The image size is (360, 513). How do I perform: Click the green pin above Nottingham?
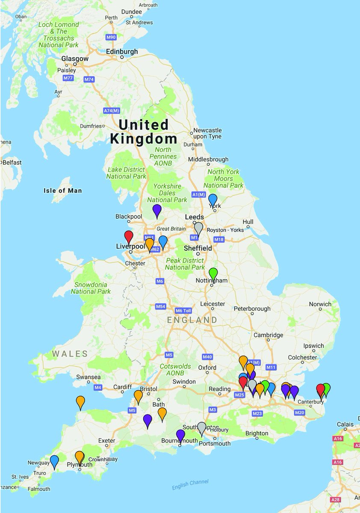click(213, 273)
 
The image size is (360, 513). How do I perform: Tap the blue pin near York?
click(212, 199)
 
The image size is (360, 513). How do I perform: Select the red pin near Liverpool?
click(129, 236)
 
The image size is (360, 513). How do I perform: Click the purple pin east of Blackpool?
click(157, 210)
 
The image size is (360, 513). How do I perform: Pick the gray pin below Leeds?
click(198, 227)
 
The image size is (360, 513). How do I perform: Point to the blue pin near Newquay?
click(54, 461)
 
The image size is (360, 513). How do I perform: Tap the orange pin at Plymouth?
click(80, 457)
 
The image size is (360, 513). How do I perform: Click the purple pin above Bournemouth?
click(180, 435)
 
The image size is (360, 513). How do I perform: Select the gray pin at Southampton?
click(202, 427)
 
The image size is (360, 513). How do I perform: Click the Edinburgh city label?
click(122, 52)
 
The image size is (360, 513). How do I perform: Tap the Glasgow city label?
click(75, 59)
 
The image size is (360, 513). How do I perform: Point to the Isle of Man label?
click(62, 191)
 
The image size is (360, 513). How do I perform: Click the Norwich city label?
click(320, 304)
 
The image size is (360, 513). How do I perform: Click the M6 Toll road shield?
click(185, 311)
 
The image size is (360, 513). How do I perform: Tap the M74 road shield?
click(89, 80)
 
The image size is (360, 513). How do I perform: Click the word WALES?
click(70, 354)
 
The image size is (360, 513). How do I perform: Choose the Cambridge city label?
click(268, 335)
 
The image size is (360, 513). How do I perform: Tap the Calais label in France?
click(345, 424)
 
